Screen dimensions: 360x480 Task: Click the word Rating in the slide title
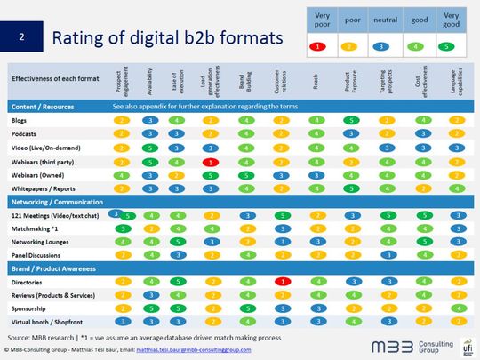[78, 37]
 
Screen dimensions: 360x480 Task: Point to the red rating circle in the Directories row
[280, 282]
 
